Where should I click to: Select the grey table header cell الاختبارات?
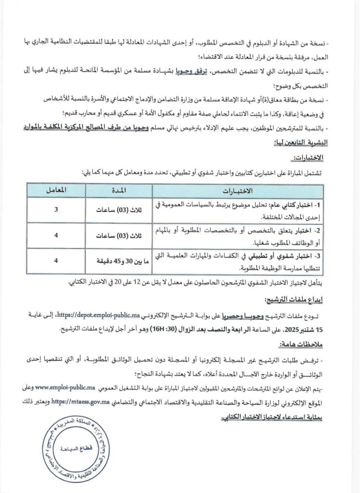click(238, 191)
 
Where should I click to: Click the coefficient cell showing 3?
click(56, 210)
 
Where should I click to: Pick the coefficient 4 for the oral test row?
click(56, 261)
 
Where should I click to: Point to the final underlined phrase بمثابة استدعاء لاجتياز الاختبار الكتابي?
click(274, 412)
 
